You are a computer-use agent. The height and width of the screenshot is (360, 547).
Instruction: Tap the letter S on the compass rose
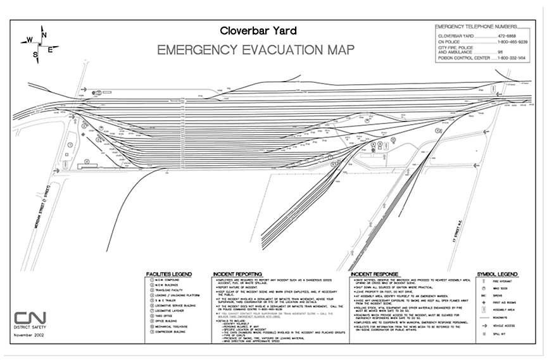tap(35, 55)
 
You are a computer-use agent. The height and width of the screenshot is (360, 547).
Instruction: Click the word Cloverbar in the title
tap(242, 30)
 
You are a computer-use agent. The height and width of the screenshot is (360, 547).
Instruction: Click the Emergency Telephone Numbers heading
tap(475, 27)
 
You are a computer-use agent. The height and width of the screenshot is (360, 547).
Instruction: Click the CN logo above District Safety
tap(28, 318)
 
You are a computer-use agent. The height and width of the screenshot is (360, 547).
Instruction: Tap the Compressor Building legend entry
tap(172, 329)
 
